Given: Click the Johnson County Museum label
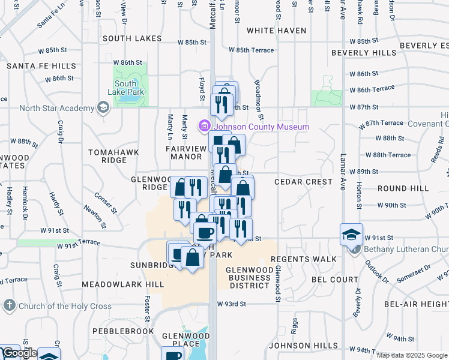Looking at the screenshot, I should point(262,127).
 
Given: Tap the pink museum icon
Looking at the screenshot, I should point(204,127).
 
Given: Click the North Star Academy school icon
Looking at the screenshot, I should point(103,108).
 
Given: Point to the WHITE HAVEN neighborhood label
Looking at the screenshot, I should point(276,30).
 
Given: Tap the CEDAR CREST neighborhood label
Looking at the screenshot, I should point(303,181).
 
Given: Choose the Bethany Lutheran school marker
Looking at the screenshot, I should point(351,235).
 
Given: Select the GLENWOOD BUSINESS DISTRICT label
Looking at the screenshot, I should point(248,277).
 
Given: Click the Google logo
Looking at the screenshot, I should point(19,353).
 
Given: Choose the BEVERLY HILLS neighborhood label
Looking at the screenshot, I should point(359,53).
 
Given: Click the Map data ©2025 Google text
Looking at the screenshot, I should point(412,355).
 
